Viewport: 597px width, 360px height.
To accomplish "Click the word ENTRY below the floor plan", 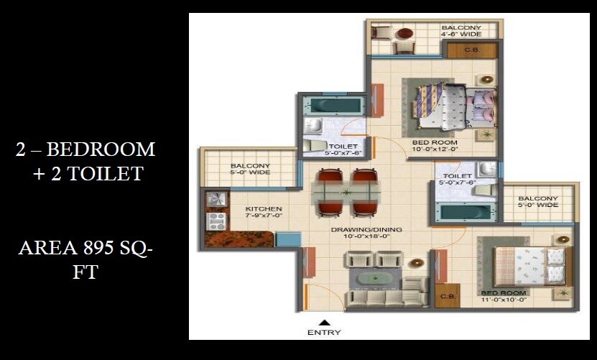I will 324,333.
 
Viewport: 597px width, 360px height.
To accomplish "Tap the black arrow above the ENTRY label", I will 324,323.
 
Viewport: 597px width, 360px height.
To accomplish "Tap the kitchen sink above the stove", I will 215,199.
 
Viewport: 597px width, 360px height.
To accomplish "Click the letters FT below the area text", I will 85,274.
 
